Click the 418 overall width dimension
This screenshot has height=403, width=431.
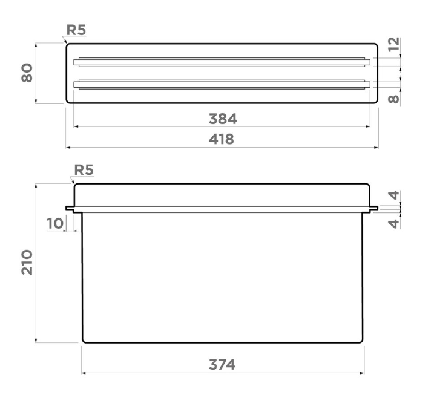[x=222, y=139]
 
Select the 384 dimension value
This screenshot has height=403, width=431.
[x=223, y=119]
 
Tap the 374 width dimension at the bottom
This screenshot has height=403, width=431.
[x=222, y=365]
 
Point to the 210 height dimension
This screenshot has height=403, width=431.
[x=27, y=262]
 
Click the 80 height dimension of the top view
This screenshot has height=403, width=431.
[x=27, y=73]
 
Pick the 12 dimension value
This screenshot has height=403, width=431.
[x=393, y=44]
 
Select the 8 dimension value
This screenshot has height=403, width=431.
[x=393, y=99]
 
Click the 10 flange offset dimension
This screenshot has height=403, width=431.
[x=55, y=223]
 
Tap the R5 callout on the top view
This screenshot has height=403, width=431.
[x=76, y=30]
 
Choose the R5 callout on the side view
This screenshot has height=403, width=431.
[x=84, y=170]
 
